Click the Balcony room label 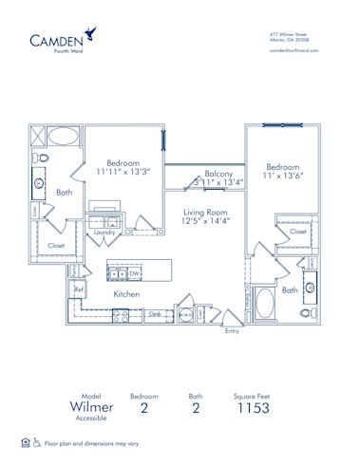click(x=218, y=175)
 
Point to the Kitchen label click(x=127, y=295)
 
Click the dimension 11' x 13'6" click(x=285, y=175)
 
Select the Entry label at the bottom click(x=233, y=331)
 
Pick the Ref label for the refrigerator click(x=80, y=289)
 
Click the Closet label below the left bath click(x=57, y=246)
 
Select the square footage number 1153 click(x=254, y=408)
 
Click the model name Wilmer click(x=92, y=407)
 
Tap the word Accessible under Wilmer click(x=92, y=421)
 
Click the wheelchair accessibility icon click(x=38, y=442)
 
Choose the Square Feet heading click(x=254, y=392)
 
